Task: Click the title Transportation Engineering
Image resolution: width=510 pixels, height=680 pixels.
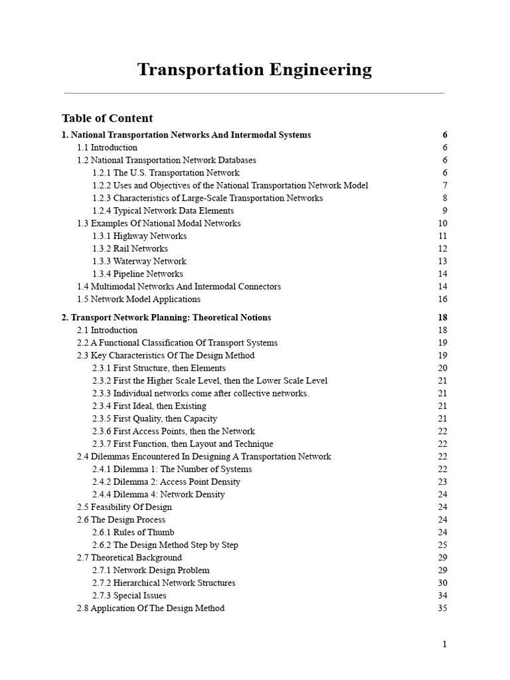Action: coord(254,70)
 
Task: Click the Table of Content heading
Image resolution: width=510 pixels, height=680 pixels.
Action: coord(107,118)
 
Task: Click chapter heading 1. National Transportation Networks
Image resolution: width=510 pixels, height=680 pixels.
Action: coord(186,135)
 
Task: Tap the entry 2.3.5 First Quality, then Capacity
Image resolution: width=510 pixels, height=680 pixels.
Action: coord(155,418)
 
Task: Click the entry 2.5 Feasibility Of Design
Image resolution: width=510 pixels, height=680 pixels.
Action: coord(124,507)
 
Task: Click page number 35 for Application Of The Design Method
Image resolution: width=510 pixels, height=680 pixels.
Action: coord(442,608)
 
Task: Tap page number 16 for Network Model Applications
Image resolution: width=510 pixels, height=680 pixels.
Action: coord(442,299)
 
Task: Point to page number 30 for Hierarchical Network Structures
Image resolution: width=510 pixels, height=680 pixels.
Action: coord(442,582)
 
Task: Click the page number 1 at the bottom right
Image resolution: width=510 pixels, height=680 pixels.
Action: coord(445,644)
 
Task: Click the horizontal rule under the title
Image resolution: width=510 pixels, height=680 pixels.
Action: coord(254,93)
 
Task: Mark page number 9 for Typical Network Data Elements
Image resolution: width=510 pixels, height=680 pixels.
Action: coord(445,211)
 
